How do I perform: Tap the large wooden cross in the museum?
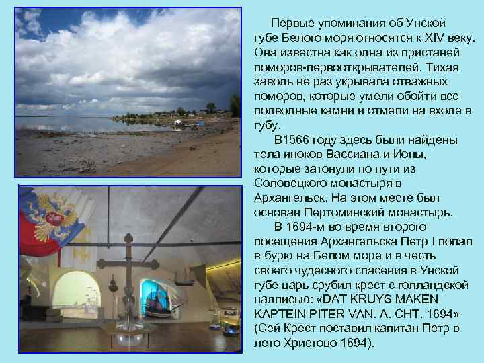[128, 269]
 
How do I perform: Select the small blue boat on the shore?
[179, 124]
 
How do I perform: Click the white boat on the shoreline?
[192, 122]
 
